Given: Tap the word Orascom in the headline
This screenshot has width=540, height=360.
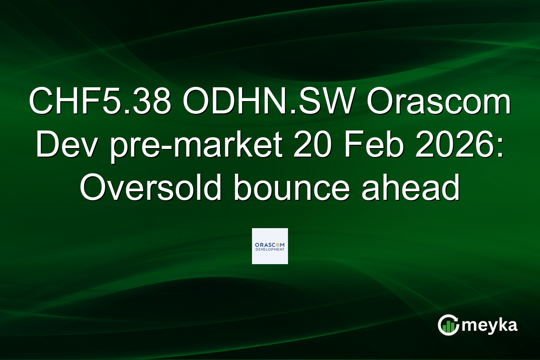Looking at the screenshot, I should pyautogui.click(x=438, y=103).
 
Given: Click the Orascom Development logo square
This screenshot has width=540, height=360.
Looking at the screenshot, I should pyautogui.click(x=270, y=246).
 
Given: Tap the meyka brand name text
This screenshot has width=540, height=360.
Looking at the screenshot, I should pyautogui.click(x=492, y=325).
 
